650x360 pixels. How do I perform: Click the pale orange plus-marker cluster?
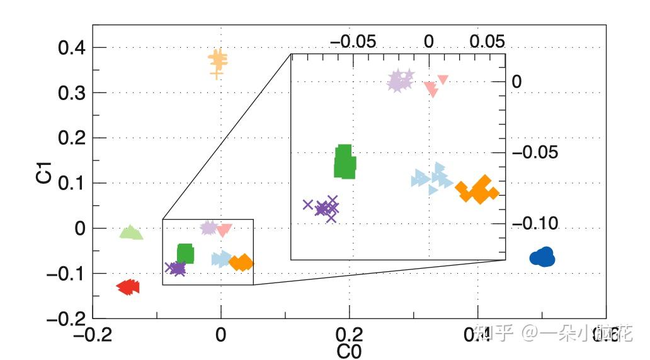click(x=218, y=62)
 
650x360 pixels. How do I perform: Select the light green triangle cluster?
click(x=131, y=233)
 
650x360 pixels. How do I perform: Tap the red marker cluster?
click(x=128, y=287)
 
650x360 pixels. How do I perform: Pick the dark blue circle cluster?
click(x=542, y=257)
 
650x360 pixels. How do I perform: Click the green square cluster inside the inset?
click(x=344, y=162)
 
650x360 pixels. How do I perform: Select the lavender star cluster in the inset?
click(x=399, y=81)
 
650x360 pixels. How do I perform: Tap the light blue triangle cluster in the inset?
click(x=433, y=179)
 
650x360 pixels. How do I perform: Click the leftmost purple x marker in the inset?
click(x=308, y=205)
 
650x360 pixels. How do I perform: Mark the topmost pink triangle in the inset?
click(x=443, y=79)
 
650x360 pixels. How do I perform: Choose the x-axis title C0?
click(x=349, y=351)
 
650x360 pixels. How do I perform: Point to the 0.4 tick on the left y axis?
click(x=73, y=48)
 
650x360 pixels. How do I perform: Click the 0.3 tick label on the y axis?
click(x=73, y=93)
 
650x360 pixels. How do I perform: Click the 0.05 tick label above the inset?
click(x=487, y=42)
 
